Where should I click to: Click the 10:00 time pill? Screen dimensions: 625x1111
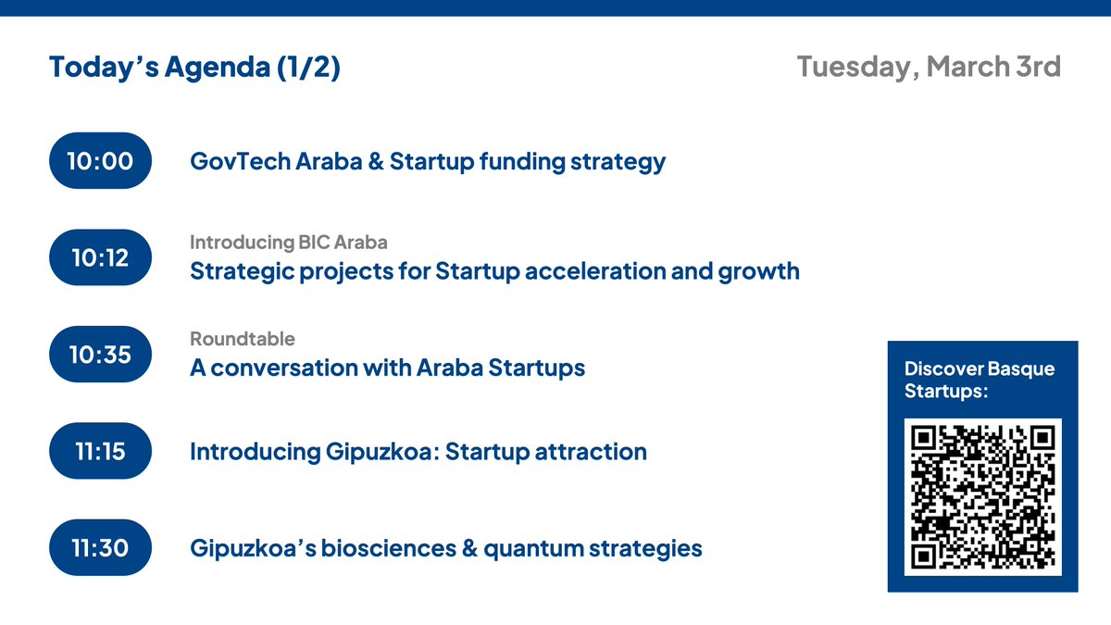[x=100, y=161]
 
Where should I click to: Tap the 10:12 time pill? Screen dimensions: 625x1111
[x=100, y=257]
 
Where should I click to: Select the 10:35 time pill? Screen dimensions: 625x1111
[x=100, y=355]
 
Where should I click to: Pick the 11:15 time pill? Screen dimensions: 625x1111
[x=100, y=451]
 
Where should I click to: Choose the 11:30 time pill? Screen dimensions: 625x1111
[x=100, y=548]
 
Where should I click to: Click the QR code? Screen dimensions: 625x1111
[x=982, y=497]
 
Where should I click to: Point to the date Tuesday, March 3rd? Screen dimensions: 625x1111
[x=929, y=68]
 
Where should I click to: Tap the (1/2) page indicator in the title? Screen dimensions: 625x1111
[x=308, y=68]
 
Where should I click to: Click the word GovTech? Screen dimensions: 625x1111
[x=239, y=162]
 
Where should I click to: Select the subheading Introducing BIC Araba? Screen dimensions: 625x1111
[x=289, y=243]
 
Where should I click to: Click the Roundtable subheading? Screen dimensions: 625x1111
[x=243, y=339]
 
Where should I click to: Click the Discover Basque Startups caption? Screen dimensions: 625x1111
[x=979, y=381]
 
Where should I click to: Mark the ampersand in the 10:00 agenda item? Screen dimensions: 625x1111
[x=375, y=162]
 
